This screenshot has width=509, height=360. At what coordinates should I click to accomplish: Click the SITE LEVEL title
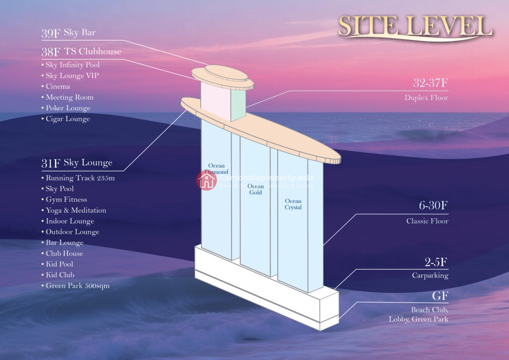coord(415,27)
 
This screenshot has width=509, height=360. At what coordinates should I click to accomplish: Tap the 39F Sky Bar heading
coord(68,33)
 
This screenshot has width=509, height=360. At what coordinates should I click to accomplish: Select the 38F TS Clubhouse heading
coord(81,52)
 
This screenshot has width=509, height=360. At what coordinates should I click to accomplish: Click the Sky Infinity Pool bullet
coord(71,65)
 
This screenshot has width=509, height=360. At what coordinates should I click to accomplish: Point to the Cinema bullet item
coord(56,87)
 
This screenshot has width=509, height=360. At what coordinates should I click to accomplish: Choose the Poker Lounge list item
coord(66,108)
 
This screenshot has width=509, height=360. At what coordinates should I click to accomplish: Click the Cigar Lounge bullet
coord(66,119)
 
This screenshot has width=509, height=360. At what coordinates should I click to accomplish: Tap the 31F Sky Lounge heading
coord(77,163)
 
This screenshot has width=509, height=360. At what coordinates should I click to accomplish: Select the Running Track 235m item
coord(78,178)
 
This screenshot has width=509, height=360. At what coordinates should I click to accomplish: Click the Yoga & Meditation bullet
coord(74,211)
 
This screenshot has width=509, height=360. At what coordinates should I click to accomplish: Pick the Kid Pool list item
coord(58,264)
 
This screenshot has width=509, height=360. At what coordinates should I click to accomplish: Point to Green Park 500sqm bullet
coord(76,286)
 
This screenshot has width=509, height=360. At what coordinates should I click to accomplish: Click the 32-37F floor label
coord(431,83)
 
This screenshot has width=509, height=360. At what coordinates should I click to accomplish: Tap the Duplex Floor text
coord(426,98)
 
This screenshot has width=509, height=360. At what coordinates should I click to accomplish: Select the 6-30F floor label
coord(433,205)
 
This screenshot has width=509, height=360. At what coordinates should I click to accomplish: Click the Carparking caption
coord(430,276)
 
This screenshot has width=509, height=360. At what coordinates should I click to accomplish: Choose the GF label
coord(440,296)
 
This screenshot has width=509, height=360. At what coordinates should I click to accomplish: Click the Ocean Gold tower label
coord(256,189)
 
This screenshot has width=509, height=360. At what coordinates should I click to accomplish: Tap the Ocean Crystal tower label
coord(293,204)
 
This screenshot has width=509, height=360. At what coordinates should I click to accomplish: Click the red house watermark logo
coord(206,180)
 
